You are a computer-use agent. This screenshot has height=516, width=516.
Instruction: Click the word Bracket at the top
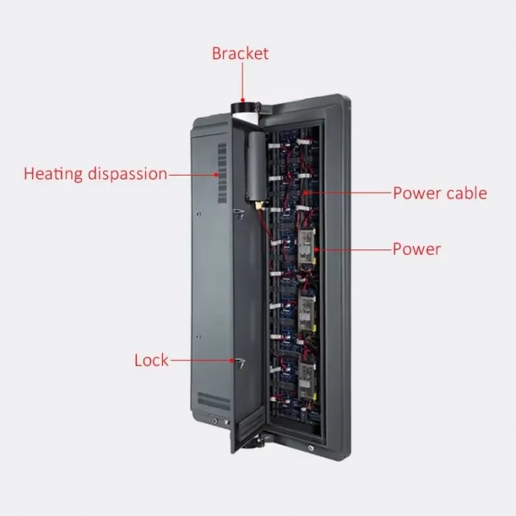(240, 53)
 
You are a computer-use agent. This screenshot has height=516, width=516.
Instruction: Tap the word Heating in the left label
(53, 173)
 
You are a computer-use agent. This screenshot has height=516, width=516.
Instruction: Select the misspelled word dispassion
(128, 173)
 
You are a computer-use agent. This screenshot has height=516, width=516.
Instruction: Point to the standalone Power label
(416, 249)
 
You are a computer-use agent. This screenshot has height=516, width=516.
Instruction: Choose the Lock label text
(151, 360)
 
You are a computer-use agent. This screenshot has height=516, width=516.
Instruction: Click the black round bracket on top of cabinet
(244, 108)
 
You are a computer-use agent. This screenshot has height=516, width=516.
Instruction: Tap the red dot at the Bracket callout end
(243, 100)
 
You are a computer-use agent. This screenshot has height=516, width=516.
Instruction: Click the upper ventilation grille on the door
(222, 173)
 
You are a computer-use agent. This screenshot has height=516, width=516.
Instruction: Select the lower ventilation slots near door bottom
(214, 401)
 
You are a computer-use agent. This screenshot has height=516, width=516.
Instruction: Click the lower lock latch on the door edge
(240, 362)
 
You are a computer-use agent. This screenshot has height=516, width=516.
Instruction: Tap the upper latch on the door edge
(239, 213)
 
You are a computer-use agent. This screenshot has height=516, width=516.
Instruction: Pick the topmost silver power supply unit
(307, 249)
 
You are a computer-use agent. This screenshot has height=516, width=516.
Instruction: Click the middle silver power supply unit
(307, 312)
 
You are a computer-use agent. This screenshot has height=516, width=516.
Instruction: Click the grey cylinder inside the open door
(255, 166)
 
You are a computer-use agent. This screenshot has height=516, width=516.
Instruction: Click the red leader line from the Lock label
(202, 360)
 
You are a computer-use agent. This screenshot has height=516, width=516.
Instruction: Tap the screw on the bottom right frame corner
(310, 448)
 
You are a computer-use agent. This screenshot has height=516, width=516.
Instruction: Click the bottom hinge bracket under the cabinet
(256, 442)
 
